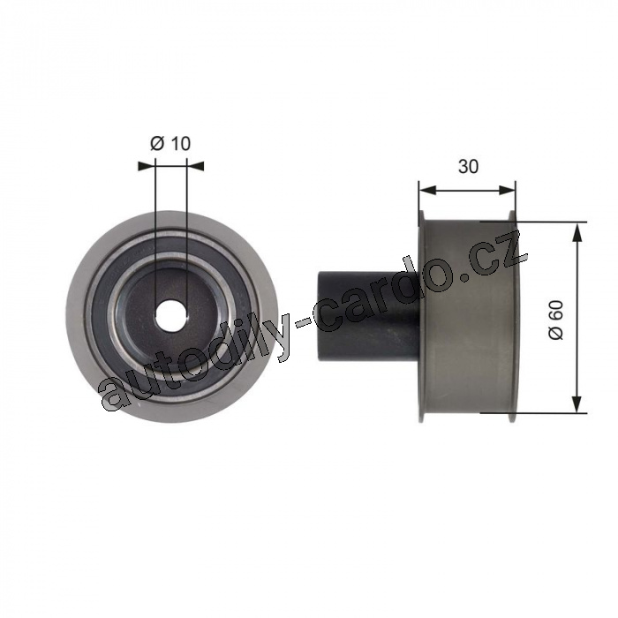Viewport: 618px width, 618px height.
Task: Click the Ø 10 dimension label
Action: pos(170,143)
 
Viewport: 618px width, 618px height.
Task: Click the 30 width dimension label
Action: pos(468,167)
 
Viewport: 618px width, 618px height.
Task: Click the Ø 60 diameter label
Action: pos(556,320)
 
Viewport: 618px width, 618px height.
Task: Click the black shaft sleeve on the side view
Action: pos(368,316)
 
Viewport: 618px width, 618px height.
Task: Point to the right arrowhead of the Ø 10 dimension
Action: pos(196,166)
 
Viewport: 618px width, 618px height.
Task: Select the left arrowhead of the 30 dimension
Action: pos(426,191)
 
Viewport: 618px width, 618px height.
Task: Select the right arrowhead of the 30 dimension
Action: pos(508,191)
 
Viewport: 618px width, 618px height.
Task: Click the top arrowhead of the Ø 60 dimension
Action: pos(577,231)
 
